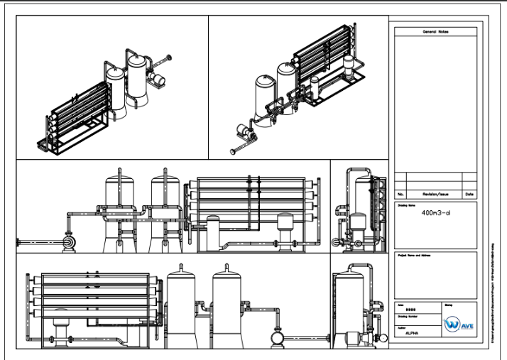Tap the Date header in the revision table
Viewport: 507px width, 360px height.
[x=469, y=194]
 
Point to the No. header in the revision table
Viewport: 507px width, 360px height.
[x=400, y=194]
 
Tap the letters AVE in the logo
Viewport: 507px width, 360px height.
[x=467, y=327]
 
